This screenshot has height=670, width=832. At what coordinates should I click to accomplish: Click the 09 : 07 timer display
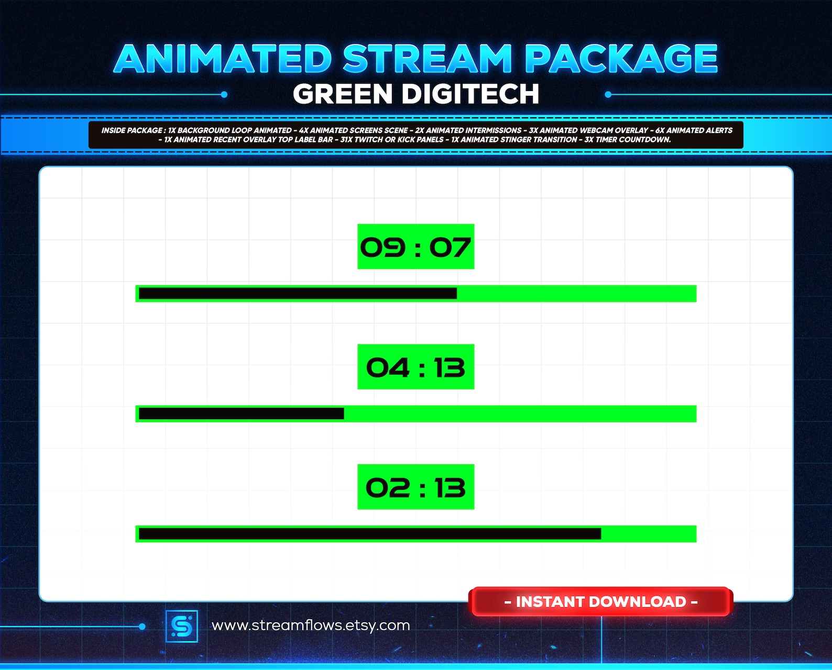click(415, 247)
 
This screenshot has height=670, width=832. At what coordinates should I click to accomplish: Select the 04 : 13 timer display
click(415, 367)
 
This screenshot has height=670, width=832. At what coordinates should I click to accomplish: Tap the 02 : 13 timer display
click(415, 487)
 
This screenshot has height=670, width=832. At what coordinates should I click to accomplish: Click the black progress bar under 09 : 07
click(298, 294)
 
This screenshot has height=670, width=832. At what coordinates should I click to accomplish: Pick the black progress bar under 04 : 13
click(241, 414)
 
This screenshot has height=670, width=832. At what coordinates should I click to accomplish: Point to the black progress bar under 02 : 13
click(369, 534)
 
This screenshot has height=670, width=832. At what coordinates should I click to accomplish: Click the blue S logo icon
click(182, 626)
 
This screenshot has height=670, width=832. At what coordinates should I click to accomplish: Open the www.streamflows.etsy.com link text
click(311, 626)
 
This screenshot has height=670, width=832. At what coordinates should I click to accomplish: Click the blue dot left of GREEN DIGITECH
click(224, 95)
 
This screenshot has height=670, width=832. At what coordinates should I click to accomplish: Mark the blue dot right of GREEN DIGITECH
click(608, 95)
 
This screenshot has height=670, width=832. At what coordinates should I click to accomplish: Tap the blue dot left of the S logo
click(142, 627)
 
